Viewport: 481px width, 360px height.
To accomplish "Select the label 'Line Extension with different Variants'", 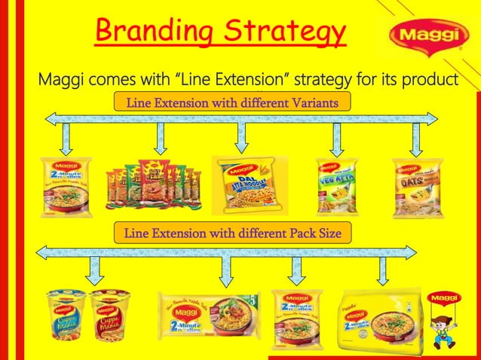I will pyautogui.click(x=231, y=102).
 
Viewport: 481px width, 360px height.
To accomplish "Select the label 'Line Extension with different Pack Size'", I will pyautogui.click(x=231, y=234).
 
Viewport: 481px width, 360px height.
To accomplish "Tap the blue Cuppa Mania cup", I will pyautogui.click(x=66, y=314).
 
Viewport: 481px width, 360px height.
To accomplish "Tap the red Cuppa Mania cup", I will pyautogui.click(x=110, y=314).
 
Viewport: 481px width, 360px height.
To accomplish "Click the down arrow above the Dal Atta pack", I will pyautogui.click(x=241, y=138).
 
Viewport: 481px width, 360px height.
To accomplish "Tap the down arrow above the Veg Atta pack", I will pyautogui.click(x=337, y=139).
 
